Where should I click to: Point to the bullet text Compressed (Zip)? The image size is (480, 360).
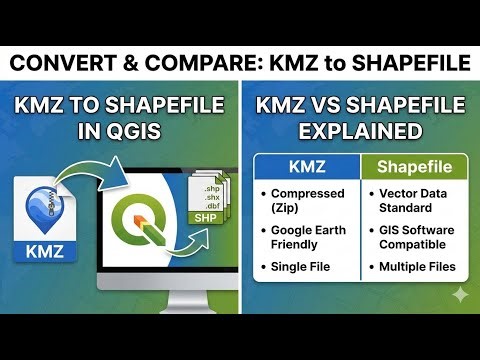pyautogui.click(x=306, y=201)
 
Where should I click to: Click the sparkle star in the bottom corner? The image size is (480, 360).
pyautogui.click(x=460, y=294)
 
